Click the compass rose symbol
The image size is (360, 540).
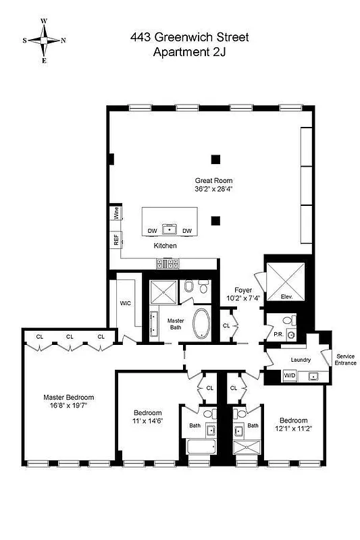click(44, 40)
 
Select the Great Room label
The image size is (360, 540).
click(213, 180)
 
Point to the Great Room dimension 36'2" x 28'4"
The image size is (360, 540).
click(213, 190)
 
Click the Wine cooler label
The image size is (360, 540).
click(116, 215)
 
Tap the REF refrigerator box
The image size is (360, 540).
click(115, 239)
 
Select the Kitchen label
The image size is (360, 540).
click(165, 246)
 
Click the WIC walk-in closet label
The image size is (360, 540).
click(125, 302)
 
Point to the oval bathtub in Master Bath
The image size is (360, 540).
click(201, 325)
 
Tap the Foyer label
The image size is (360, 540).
click(243, 290)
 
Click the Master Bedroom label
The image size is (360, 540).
click(69, 397)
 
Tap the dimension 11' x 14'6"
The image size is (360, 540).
click(147, 421)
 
